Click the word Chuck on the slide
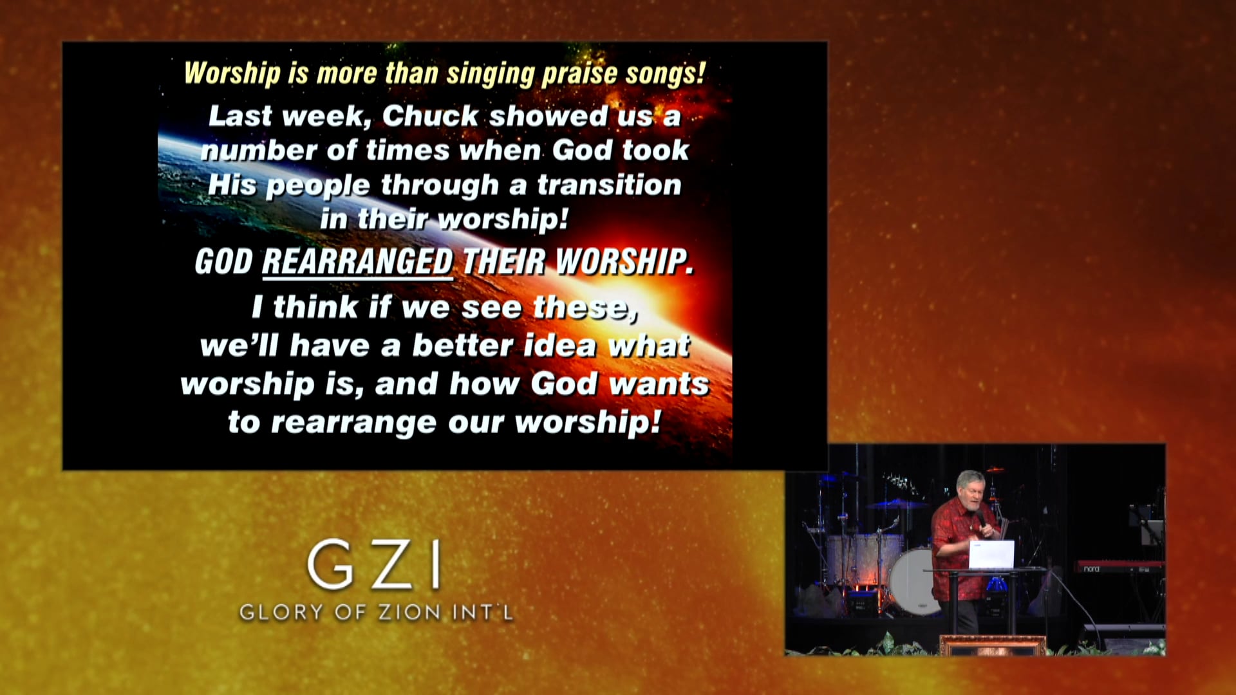pos(429,116)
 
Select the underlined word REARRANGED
pos(357,262)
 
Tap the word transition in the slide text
pos(609,185)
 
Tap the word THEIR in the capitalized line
pos(504,262)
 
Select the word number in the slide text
pos(259,151)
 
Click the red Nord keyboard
pos(1120,567)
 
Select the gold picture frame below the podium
pos(992,645)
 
